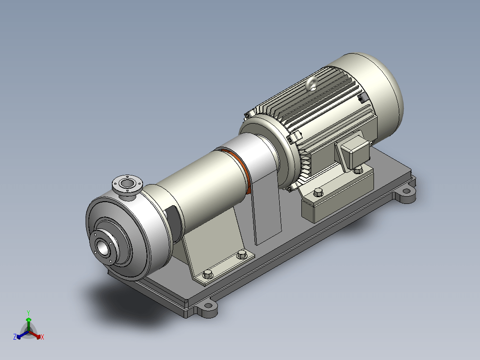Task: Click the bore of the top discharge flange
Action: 127,183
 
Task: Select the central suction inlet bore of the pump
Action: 102,247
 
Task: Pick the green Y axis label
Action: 28,313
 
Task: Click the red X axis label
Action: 42,337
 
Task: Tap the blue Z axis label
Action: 15,337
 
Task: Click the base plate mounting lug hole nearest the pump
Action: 208,305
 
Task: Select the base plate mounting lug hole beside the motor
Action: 406,191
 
